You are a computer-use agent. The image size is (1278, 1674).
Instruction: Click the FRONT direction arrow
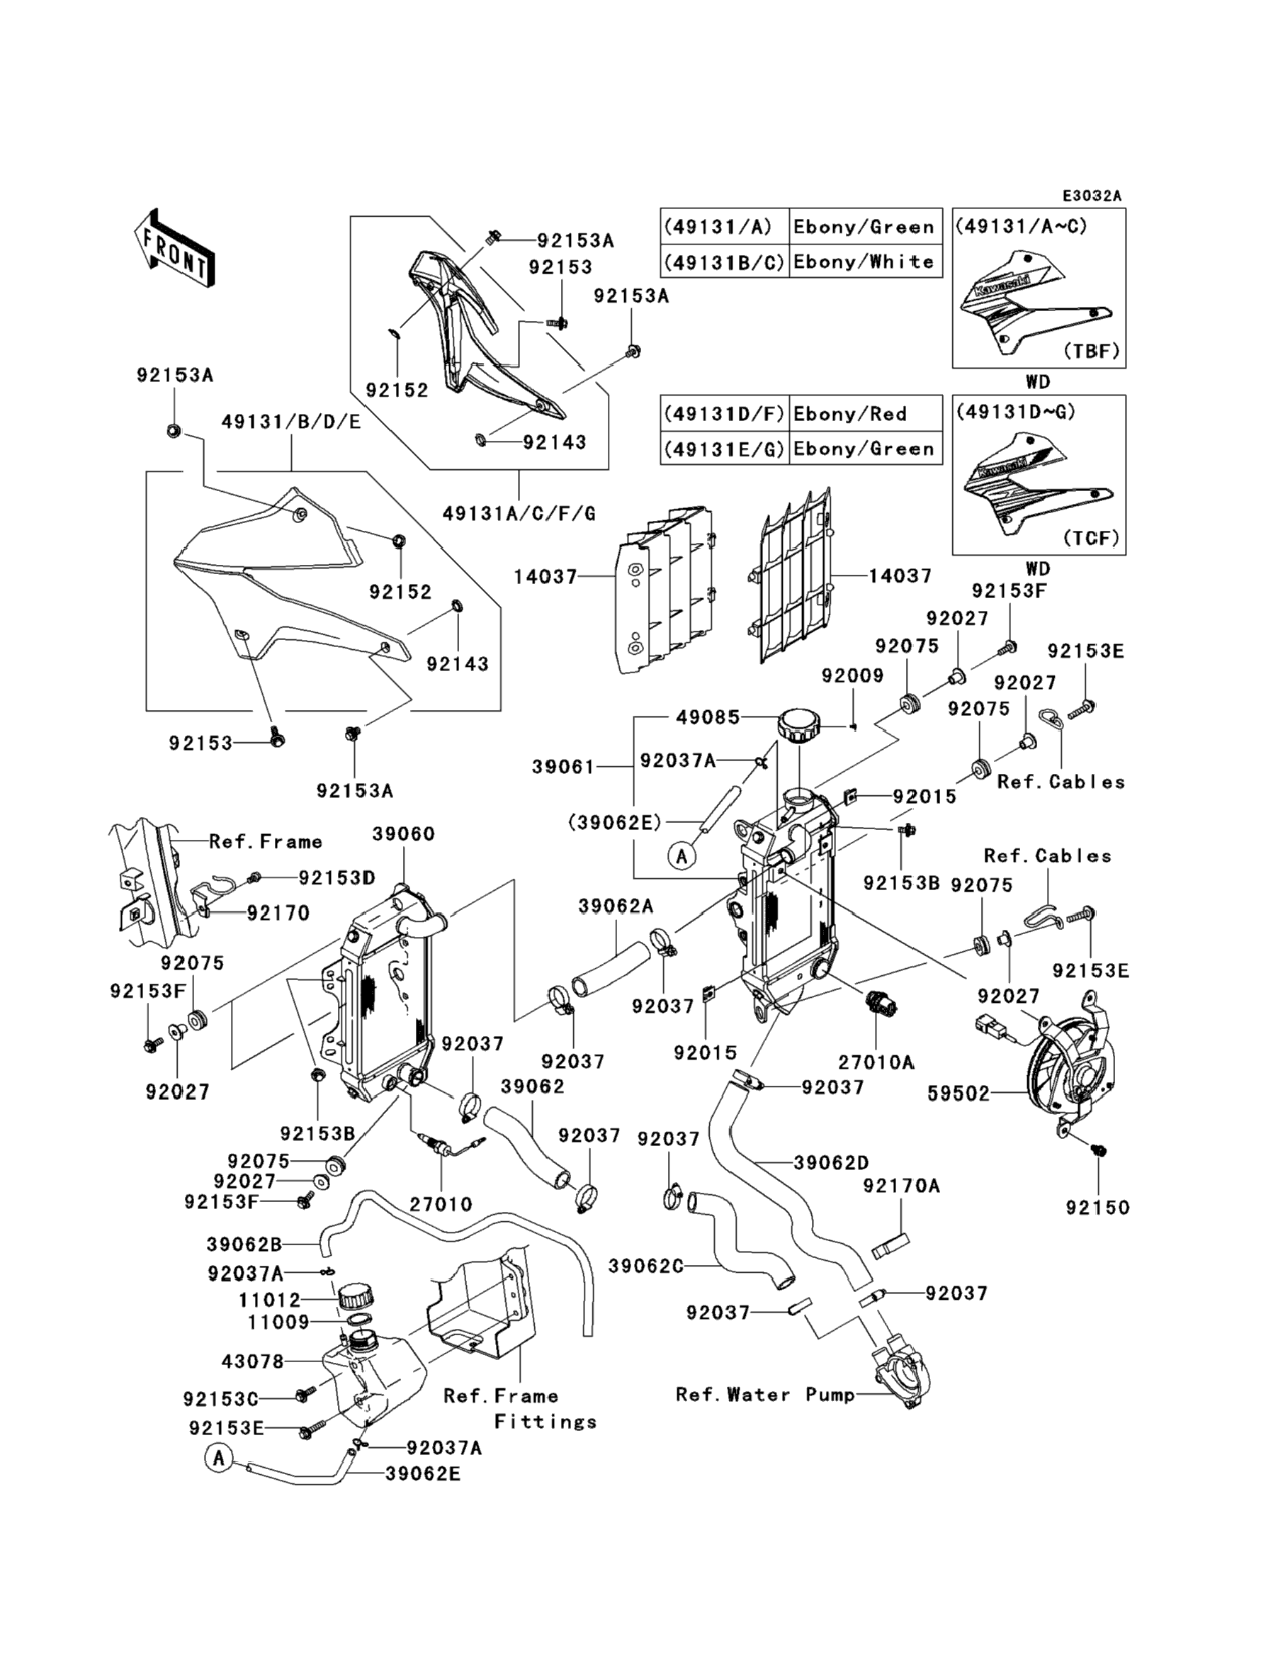pyautogui.click(x=174, y=248)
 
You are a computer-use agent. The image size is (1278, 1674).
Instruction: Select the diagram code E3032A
pyautogui.click(x=1092, y=196)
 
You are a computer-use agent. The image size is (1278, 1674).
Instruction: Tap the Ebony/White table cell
pyautogui.click(x=864, y=262)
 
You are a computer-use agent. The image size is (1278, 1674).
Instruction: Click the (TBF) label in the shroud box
pyautogui.click(x=1091, y=351)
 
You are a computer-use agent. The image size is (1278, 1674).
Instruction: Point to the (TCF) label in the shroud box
pyautogui.click(x=1091, y=538)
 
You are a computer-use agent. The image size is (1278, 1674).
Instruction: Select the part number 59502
pyautogui.click(x=958, y=1094)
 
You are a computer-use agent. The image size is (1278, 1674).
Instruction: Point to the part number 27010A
pyautogui.click(x=876, y=1062)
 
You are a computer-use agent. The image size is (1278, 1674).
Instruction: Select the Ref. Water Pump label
pyautogui.click(x=765, y=1394)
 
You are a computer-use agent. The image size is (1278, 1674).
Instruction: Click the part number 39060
pyautogui.click(x=403, y=834)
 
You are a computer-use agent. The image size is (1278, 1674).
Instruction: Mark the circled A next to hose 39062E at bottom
pyautogui.click(x=219, y=1458)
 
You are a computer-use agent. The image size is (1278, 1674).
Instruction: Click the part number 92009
pyautogui.click(x=852, y=675)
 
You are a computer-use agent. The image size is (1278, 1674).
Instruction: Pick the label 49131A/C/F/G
pyautogui.click(x=519, y=514)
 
